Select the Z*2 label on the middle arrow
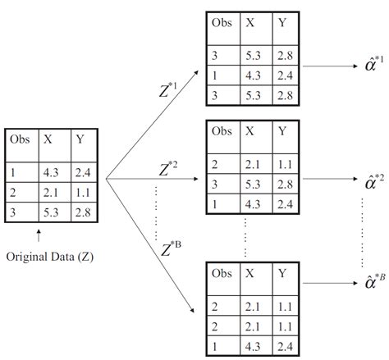(x=169, y=170)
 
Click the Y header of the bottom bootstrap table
(x=281, y=273)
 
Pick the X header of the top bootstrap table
(x=250, y=24)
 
